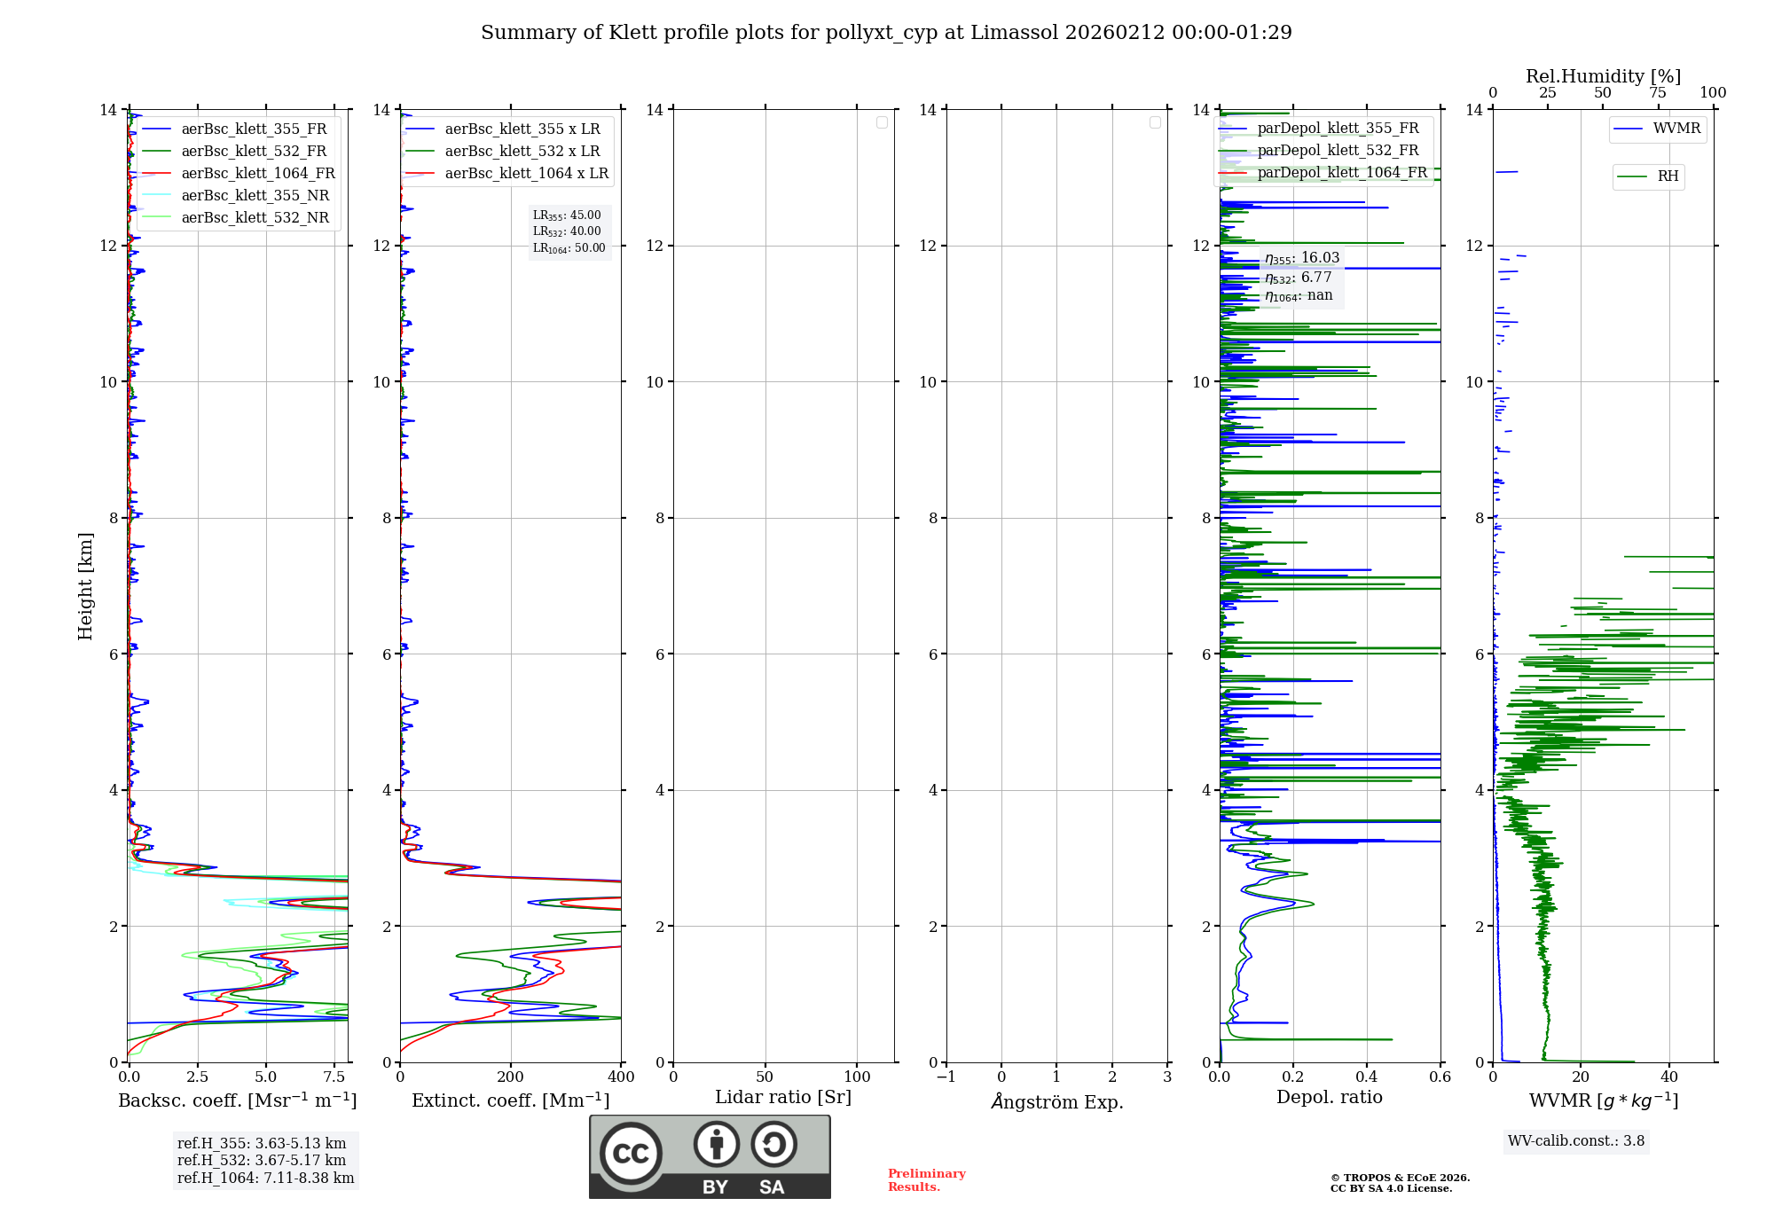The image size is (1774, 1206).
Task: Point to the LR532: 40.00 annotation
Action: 567,231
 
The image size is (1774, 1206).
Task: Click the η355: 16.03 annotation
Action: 1301,258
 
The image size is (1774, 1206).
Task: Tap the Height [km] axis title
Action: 85,585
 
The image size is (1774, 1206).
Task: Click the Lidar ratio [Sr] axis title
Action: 783,1098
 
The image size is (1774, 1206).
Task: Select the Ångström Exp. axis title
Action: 1056,1101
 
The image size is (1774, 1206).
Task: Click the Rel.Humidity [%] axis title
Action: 1603,76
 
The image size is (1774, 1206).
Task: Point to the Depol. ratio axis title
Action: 1329,1098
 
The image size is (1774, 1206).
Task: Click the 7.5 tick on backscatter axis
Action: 334,1077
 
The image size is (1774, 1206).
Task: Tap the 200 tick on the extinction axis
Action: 511,1077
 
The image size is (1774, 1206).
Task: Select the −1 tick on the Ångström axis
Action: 946,1077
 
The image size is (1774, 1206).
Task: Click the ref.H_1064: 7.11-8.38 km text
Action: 265,1179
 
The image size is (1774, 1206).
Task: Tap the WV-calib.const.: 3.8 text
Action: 1576,1141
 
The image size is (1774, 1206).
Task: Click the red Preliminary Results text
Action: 926,1180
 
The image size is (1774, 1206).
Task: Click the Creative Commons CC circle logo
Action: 631,1153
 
